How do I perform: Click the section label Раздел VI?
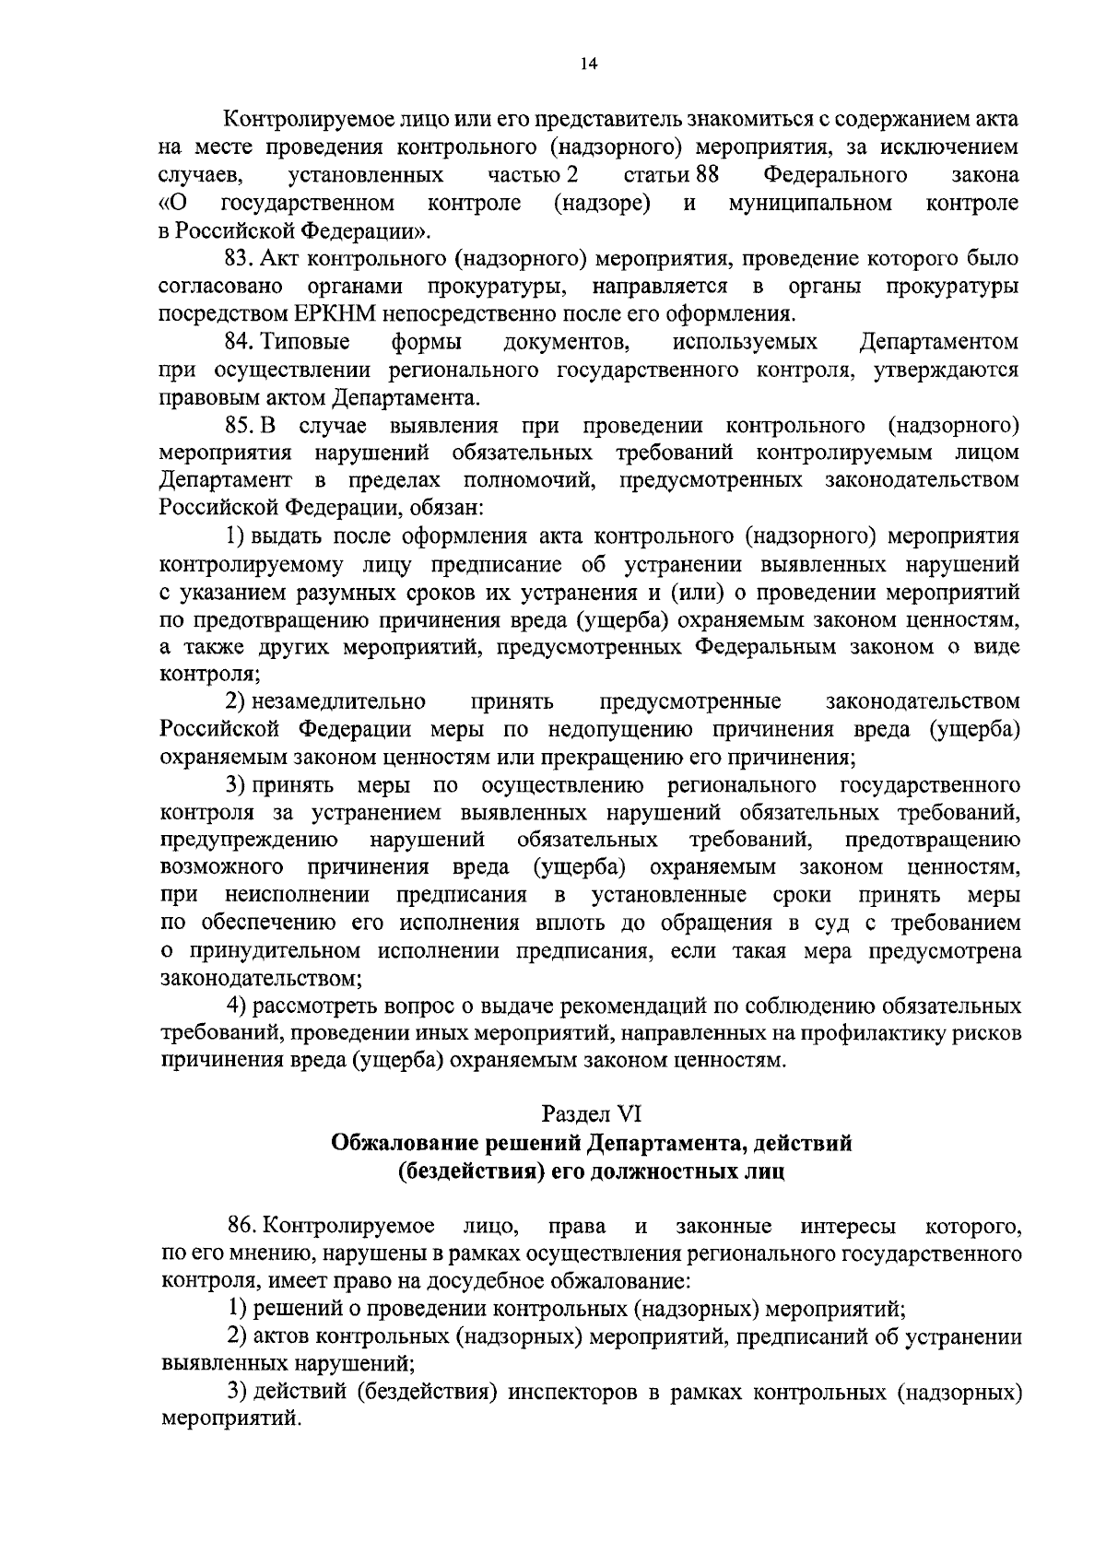pyautogui.click(x=590, y=1114)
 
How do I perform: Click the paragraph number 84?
pyautogui.click(x=240, y=342)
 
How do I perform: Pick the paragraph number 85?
pyautogui.click(x=240, y=426)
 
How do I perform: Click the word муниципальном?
pyautogui.click(x=809, y=203)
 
